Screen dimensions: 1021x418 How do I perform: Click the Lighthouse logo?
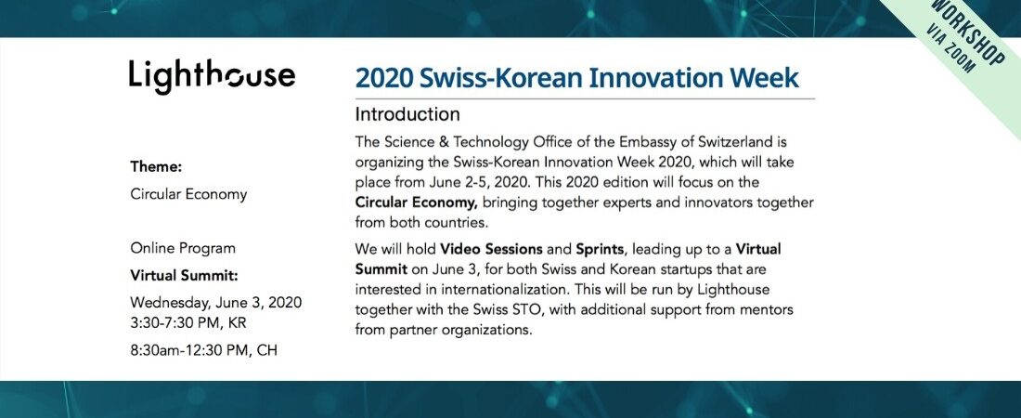pos(212,76)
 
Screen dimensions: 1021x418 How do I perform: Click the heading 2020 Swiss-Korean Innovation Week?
pos(577,78)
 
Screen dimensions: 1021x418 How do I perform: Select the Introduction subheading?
pos(407,115)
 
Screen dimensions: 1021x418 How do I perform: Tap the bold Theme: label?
pos(156,166)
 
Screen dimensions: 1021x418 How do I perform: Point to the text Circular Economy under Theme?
pos(188,194)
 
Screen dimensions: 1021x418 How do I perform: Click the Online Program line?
pos(183,248)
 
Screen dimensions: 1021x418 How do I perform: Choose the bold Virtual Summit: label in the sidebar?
pos(185,276)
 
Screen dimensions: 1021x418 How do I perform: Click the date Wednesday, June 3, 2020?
pos(216,303)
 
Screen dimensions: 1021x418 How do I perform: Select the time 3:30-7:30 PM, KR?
pos(188,323)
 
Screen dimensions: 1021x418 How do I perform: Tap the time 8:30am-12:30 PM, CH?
pos(204,350)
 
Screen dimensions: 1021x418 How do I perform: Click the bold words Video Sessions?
pos(492,249)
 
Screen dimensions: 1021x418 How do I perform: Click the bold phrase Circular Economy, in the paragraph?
pos(417,202)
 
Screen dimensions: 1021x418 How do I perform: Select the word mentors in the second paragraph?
pos(769,309)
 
